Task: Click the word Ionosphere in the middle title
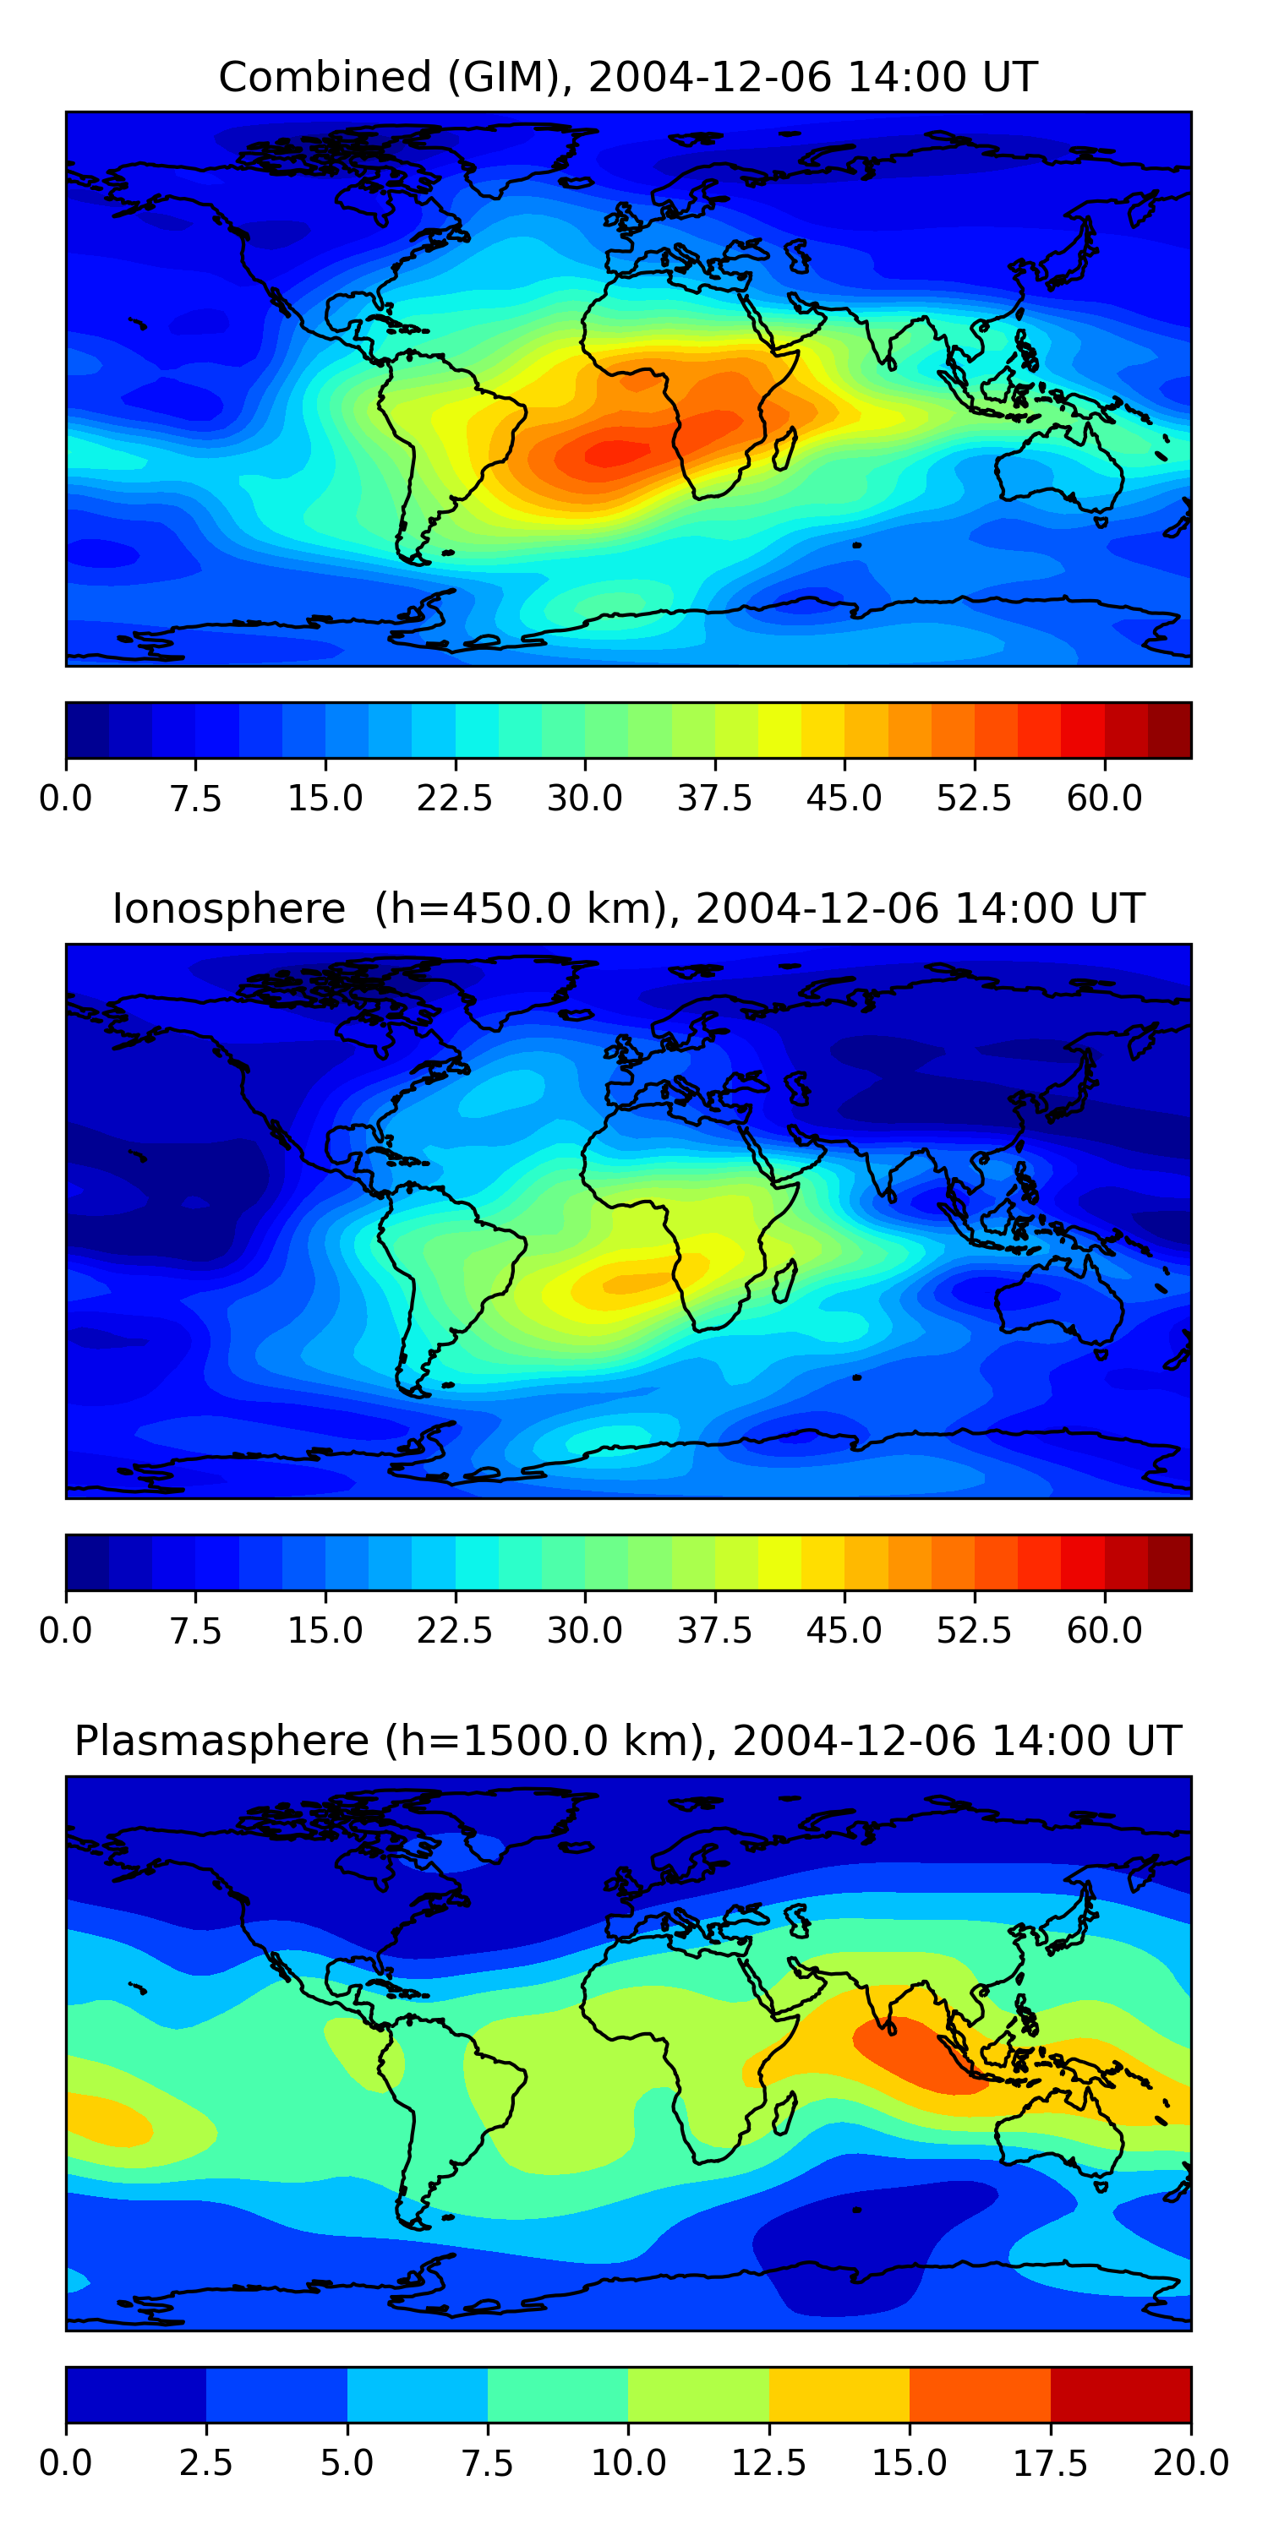pyautogui.click(x=228, y=908)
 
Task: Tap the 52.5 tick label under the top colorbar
pyautogui.click(x=974, y=798)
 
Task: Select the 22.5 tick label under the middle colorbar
pyautogui.click(x=454, y=1630)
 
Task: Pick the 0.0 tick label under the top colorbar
pyautogui.click(x=66, y=798)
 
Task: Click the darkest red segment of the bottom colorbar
pyautogui.click(x=1120, y=2393)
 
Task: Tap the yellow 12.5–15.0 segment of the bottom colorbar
pyautogui.click(x=839, y=2393)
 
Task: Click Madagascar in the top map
pyautogui.click(x=784, y=449)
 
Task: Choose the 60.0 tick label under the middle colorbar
pyautogui.click(x=1104, y=1630)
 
